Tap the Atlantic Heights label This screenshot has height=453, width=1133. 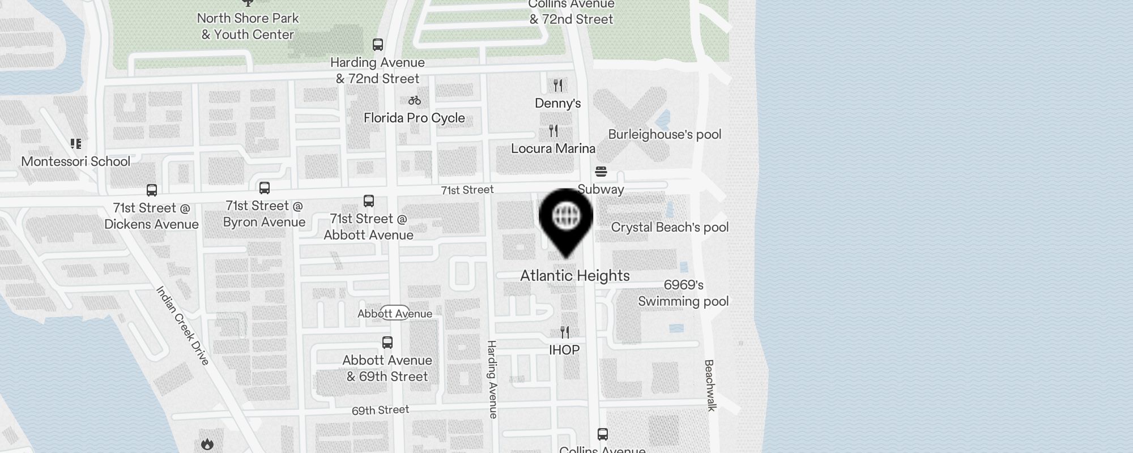575,276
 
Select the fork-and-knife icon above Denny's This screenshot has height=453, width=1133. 558,86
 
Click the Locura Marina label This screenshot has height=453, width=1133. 553,148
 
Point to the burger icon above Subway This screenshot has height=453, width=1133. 601,172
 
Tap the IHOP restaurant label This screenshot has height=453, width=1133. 564,350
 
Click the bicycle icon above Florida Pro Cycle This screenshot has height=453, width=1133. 415,101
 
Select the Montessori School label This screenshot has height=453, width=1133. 76,161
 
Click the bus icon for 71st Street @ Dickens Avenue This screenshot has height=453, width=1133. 152,190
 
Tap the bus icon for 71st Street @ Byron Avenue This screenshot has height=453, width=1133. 265,188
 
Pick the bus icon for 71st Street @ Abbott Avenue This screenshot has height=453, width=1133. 369,201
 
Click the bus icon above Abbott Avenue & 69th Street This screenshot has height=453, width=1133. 387,343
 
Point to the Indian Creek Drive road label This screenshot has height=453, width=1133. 183,326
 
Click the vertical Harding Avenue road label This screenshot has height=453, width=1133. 492,379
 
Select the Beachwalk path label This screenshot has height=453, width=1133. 710,385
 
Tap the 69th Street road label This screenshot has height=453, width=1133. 380,410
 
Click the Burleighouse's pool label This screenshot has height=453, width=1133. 665,135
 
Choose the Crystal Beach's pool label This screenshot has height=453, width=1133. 670,228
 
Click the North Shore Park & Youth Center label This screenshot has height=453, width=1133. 248,26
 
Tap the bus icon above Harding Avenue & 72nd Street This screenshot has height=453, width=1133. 378,45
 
